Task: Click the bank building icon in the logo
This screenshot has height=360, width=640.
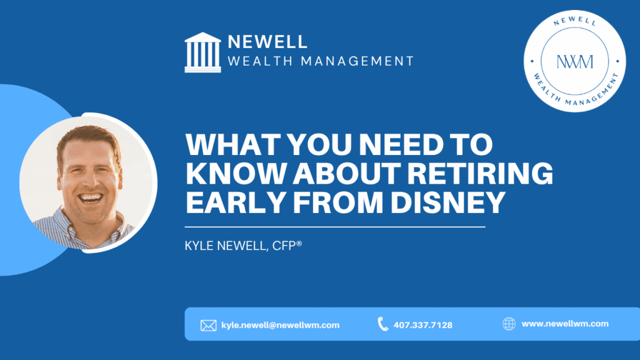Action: (203, 52)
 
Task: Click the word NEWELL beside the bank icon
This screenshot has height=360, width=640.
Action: (267, 42)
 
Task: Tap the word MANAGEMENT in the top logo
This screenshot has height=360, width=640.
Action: (357, 61)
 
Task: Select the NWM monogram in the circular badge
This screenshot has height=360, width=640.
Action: (575, 62)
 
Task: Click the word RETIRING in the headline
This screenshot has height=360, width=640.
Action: (480, 173)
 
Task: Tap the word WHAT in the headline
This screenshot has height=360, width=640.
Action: (232, 144)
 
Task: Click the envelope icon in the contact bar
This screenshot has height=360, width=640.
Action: (208, 325)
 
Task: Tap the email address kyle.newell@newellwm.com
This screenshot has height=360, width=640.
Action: (281, 325)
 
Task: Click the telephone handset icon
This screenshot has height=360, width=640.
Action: (382, 324)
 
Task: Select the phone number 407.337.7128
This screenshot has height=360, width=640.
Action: (423, 325)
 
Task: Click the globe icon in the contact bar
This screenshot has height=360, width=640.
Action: (509, 324)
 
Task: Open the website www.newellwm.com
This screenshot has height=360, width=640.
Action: (565, 324)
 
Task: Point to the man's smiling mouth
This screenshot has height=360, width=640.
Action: (90, 197)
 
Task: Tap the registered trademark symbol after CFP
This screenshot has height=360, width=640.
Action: (299, 243)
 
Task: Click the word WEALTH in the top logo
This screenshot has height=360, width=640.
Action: (261, 61)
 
